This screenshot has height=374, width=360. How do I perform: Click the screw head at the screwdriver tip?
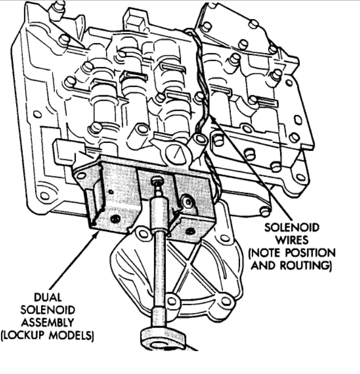[157, 182]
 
